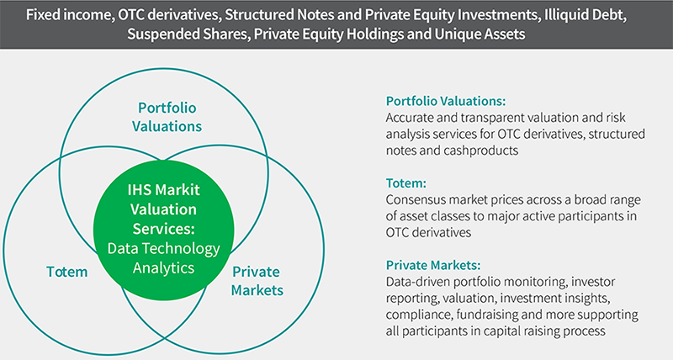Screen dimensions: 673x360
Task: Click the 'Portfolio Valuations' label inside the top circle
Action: [x=167, y=117]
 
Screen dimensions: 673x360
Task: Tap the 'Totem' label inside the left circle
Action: [x=67, y=272]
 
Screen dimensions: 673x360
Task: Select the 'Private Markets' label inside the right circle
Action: [x=257, y=281]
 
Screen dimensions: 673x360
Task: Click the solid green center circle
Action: [x=163, y=230]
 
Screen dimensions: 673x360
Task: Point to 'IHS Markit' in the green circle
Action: [x=163, y=189]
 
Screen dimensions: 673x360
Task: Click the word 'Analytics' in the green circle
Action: [x=163, y=267]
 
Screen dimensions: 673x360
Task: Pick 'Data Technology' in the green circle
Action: [x=163, y=248]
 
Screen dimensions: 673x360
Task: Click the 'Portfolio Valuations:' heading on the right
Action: [x=446, y=101]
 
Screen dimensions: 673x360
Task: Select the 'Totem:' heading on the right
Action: [x=406, y=183]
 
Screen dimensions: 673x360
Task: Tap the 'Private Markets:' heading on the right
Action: [x=433, y=265]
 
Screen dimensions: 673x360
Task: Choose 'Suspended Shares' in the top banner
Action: [x=187, y=34]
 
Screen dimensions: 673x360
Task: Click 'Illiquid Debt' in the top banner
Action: [x=585, y=15]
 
